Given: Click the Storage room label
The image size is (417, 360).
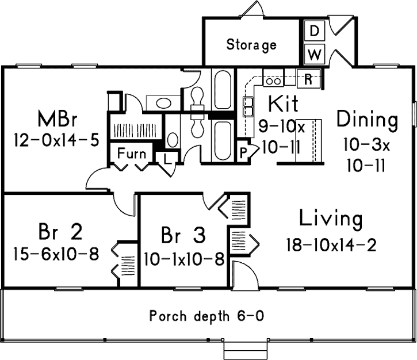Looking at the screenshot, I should click(x=251, y=44).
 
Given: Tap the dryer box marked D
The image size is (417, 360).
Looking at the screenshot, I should click(x=313, y=32).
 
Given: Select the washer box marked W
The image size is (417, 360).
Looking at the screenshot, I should click(x=313, y=54).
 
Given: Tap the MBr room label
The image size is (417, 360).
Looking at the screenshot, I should click(x=58, y=121).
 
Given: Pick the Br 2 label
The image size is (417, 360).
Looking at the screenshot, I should click(x=60, y=232).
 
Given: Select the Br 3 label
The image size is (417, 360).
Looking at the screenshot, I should click(x=182, y=236).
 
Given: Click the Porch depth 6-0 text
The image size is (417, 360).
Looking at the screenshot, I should click(x=207, y=316).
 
